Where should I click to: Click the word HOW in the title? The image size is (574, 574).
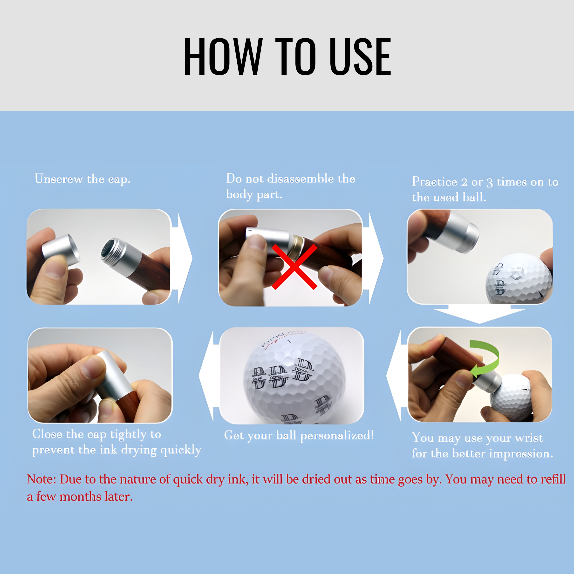tap(223, 56)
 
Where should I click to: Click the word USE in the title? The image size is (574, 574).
tap(360, 56)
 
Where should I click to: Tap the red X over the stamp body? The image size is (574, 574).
tap(294, 266)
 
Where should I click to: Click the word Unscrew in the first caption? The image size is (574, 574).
tap(59, 179)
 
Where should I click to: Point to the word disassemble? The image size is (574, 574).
tap(301, 178)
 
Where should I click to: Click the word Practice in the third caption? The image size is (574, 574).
tap(434, 182)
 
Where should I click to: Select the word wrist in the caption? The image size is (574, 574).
tap(529, 438)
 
